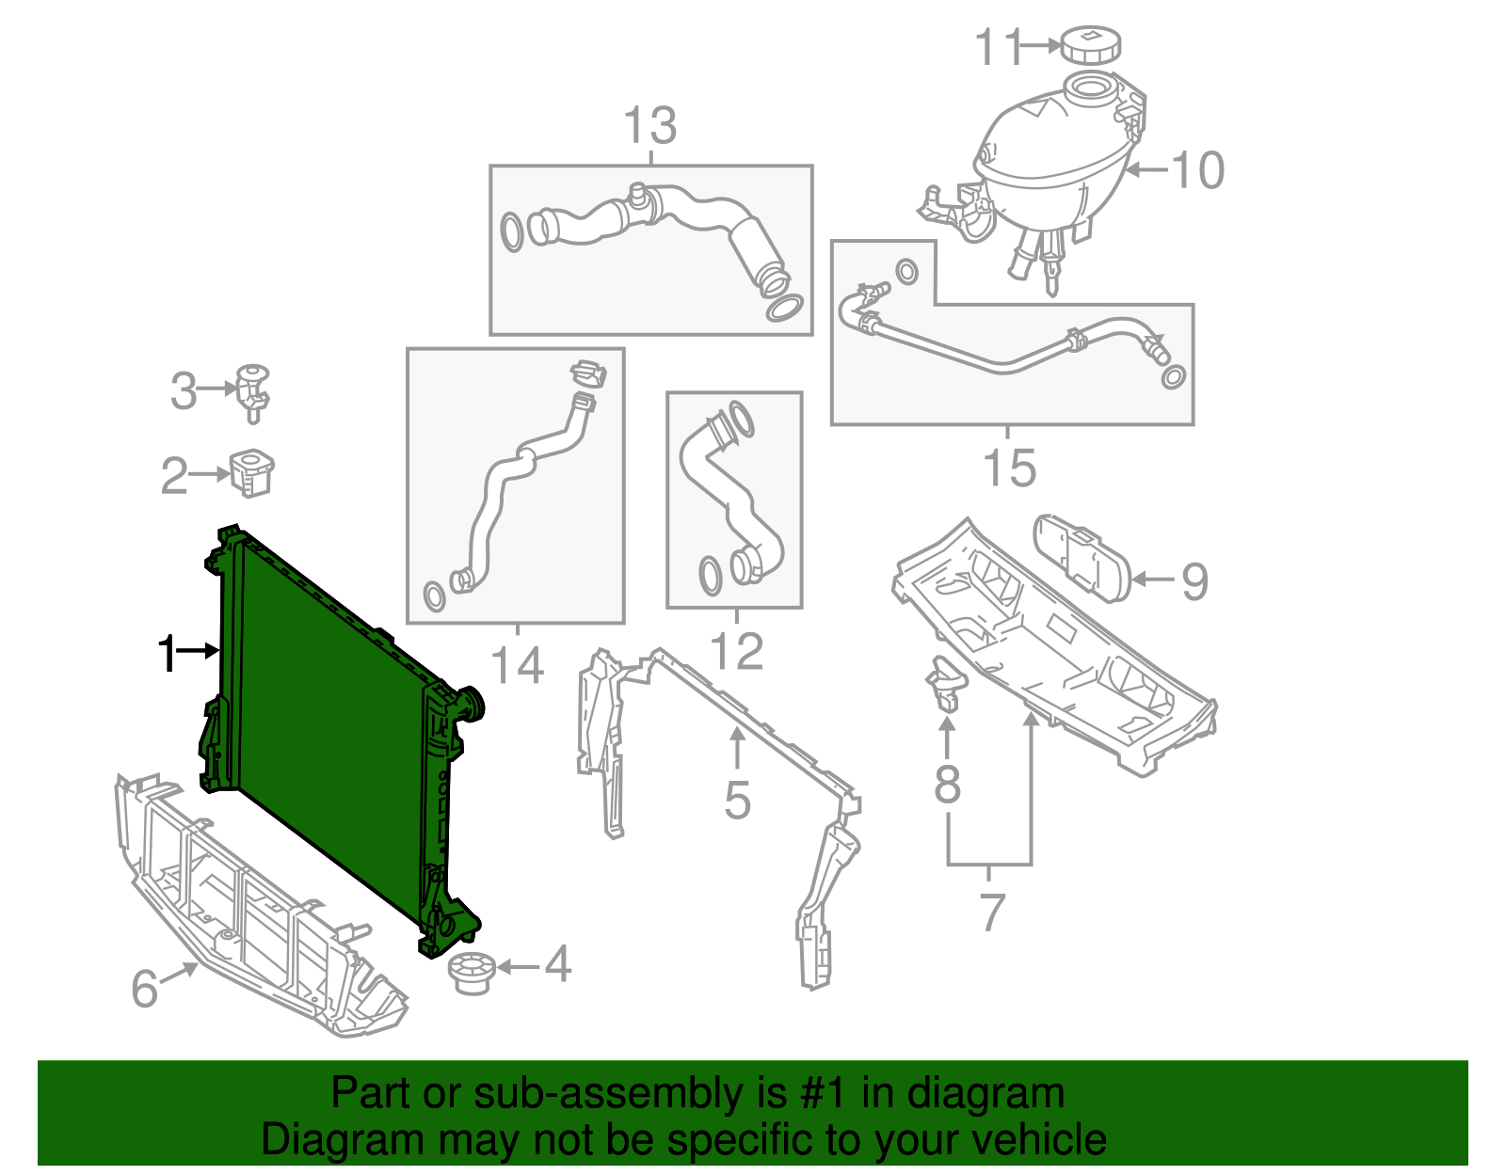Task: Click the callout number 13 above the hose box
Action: click(650, 126)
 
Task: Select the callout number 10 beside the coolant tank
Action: click(1197, 171)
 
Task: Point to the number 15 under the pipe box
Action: click(1009, 468)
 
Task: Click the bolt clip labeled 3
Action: click(252, 389)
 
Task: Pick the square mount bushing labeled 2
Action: click(251, 472)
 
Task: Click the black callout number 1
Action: click(167, 653)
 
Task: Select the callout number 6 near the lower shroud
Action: click(144, 988)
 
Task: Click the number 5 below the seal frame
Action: click(737, 801)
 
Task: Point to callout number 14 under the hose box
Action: click(517, 665)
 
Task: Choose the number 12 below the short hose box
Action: click(735, 651)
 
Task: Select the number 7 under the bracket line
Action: click(991, 912)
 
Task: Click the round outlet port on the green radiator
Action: click(470, 703)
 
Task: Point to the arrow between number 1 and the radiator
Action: click(199, 650)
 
